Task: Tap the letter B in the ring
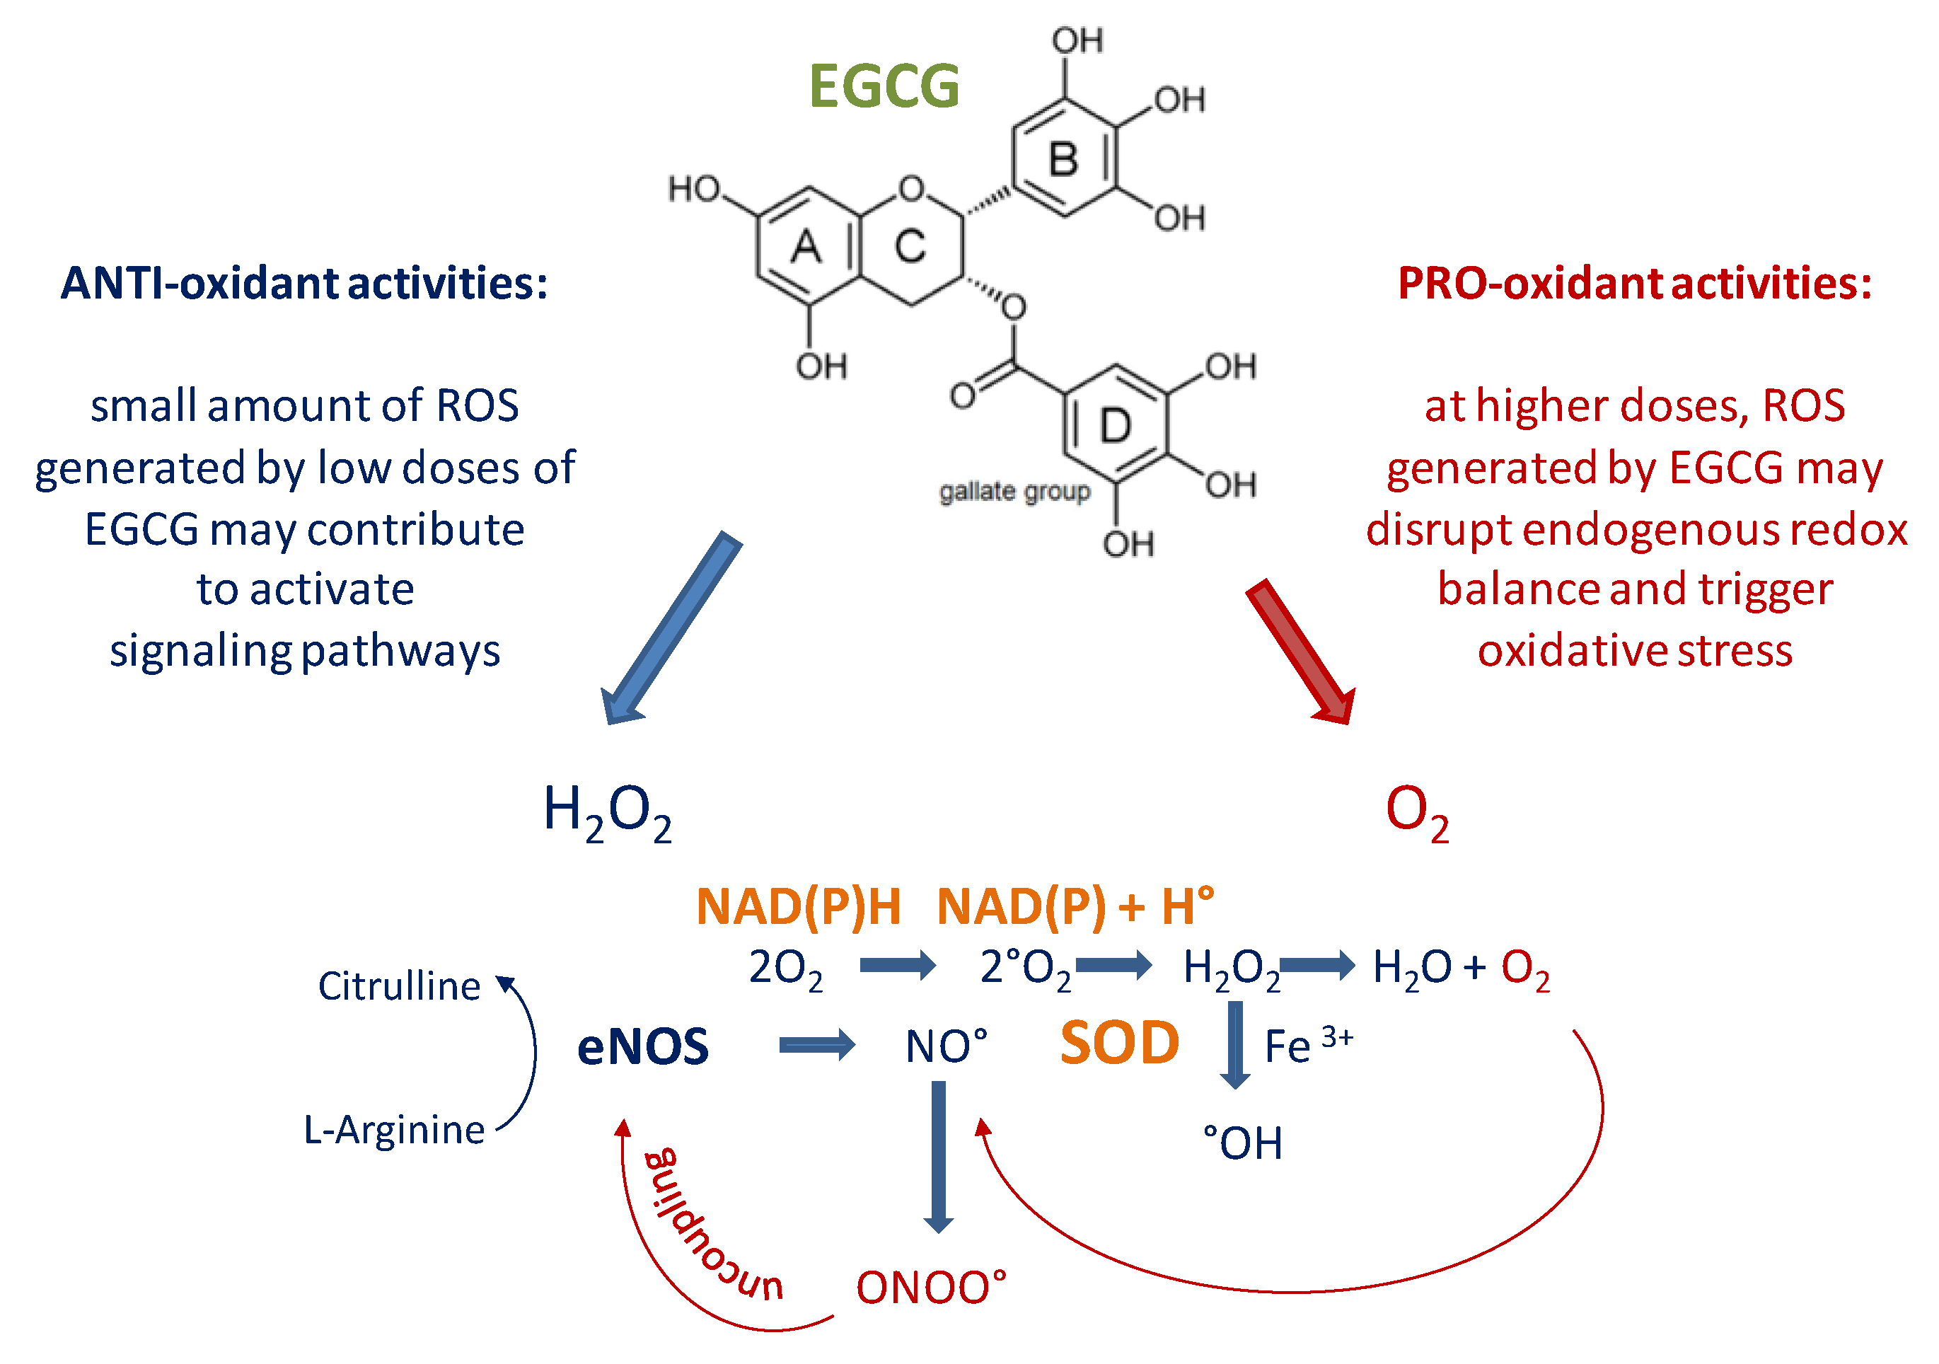(1063, 160)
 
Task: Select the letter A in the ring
(806, 248)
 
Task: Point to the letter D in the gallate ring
(1115, 426)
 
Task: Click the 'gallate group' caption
(1014, 492)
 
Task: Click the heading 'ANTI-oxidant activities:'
(304, 283)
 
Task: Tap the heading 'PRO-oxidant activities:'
(1634, 283)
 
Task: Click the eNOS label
(642, 1046)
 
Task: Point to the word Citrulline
(398, 986)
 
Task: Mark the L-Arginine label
(393, 1129)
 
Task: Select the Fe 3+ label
(1307, 1045)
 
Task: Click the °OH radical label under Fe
(1242, 1143)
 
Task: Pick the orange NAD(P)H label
(798, 907)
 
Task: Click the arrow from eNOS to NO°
(816, 1046)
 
